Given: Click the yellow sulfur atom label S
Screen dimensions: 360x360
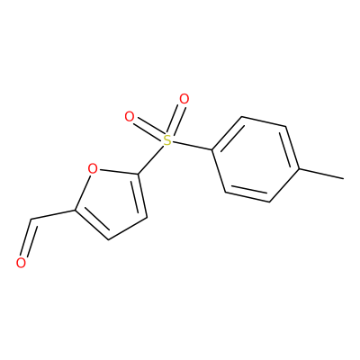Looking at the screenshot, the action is pyautogui.click(x=167, y=139).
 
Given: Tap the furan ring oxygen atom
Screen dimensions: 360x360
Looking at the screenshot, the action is pyautogui.click(x=93, y=168).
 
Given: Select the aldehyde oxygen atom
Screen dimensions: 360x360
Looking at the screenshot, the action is pyautogui.click(x=21, y=263).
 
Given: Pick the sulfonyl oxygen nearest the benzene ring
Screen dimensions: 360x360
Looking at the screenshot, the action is pyautogui.click(x=184, y=99).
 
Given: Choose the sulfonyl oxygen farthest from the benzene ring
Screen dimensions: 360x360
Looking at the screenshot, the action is pyautogui.click(x=130, y=117).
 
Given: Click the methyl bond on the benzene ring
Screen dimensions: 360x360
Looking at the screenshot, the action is pyautogui.click(x=321, y=174).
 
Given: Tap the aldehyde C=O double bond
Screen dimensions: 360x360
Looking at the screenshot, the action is pyautogui.click(x=29, y=238).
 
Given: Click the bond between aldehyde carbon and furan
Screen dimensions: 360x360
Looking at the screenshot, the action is pyautogui.click(x=52, y=214).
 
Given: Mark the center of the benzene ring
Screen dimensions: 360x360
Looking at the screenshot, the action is pyautogui.click(x=256, y=159).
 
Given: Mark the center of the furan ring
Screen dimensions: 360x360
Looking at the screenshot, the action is pyautogui.click(x=113, y=201).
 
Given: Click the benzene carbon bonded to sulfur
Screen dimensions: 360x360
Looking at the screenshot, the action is pyautogui.click(x=212, y=149).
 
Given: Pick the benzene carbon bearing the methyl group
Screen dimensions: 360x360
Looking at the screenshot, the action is pyautogui.click(x=299, y=169).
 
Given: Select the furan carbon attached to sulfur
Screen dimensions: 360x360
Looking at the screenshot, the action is pyautogui.click(x=139, y=174).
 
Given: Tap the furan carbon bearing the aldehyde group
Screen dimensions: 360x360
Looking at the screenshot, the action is pyautogui.click(x=74, y=210).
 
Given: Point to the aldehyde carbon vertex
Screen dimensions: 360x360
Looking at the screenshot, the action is pyautogui.click(x=31, y=220).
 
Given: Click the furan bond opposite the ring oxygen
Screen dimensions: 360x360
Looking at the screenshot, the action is pyautogui.click(x=127, y=229).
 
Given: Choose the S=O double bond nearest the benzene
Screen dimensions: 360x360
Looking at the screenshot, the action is pyautogui.click(x=177, y=117).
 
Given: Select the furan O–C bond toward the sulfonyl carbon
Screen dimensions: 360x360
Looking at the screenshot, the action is pyautogui.click(x=118, y=172).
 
